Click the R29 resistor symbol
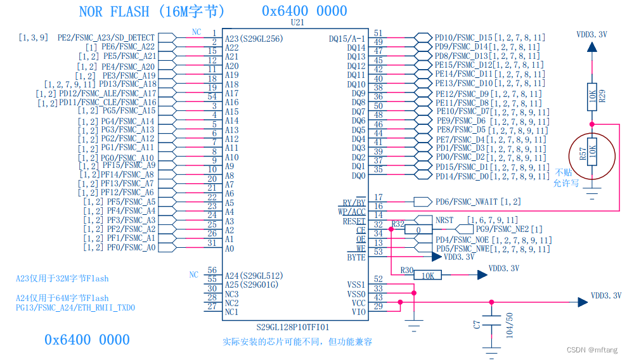click(x=591, y=96)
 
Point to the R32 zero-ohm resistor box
click(x=418, y=229)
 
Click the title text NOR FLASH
click(x=115, y=11)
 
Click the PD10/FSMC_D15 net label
click(x=463, y=38)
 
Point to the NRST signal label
click(x=444, y=220)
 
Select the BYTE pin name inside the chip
click(x=356, y=258)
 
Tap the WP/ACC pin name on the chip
click(x=353, y=212)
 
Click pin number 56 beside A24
click(x=212, y=271)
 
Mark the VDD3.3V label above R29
click(x=591, y=35)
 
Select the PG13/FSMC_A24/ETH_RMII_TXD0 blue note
click(x=75, y=308)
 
